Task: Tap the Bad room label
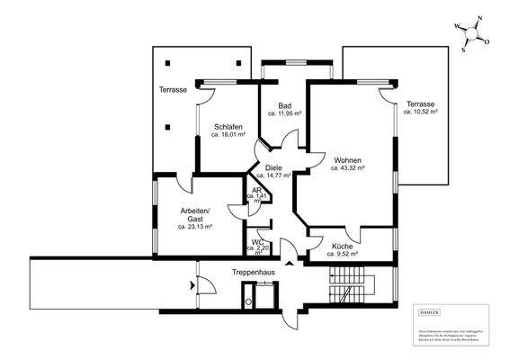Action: click(285, 105)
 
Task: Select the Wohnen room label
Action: click(347, 159)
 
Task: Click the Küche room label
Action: click(343, 246)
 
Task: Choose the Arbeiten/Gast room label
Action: click(195, 214)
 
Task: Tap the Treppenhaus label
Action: click(253, 271)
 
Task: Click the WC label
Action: click(257, 242)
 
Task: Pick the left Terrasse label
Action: click(173, 90)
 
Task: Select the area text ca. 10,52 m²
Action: click(420, 113)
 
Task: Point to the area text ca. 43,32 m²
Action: click(347, 167)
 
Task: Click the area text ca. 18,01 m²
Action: click(228, 135)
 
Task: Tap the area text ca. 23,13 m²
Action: click(195, 227)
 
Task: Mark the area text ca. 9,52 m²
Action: click(343, 254)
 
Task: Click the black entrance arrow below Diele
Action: click(289, 264)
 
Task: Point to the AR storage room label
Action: click(256, 190)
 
